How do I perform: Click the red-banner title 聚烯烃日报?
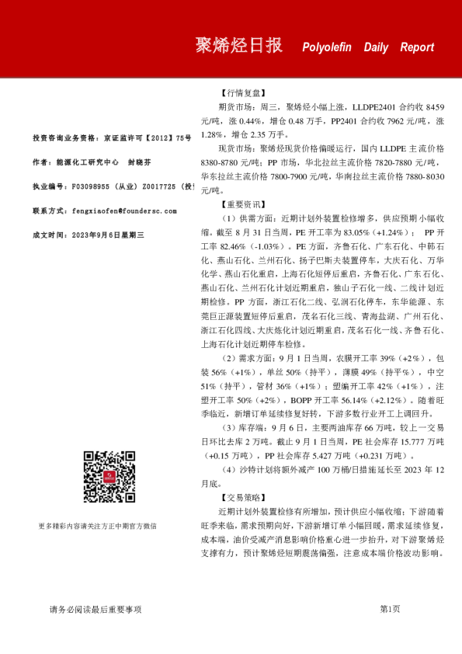pos(238,46)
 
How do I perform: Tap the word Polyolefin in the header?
pos(330,47)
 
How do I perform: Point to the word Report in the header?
pos(417,47)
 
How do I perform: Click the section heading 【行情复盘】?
pos(242,92)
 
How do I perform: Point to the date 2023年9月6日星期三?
pos(107,234)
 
